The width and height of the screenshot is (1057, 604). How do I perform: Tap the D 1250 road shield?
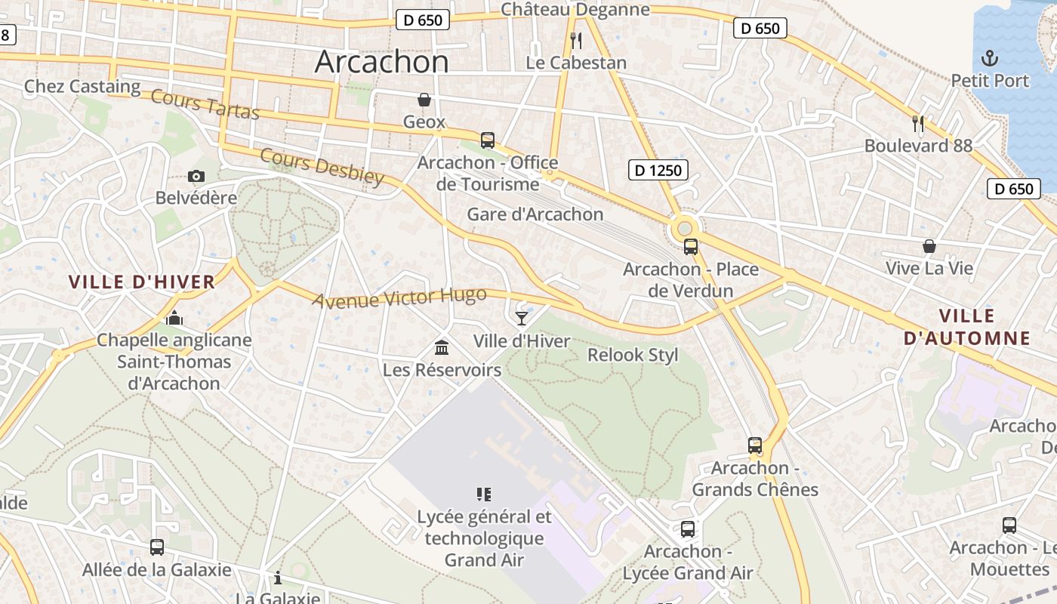[658, 171]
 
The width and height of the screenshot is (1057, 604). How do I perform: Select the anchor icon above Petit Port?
[989, 57]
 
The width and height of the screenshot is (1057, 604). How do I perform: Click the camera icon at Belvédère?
[196, 177]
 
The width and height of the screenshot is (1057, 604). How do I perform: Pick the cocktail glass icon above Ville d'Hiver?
[522, 318]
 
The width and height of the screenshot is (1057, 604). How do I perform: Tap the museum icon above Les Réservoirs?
[442, 347]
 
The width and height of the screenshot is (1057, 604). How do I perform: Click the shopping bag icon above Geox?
[424, 100]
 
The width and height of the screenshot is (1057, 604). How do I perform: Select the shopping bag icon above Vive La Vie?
[929, 246]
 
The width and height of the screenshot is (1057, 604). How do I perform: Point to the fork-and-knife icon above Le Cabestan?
[576, 40]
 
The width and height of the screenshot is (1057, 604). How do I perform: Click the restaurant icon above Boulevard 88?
[918, 123]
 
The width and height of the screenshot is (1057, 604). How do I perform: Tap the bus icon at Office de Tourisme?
[488, 140]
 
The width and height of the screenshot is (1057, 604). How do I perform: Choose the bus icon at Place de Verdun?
[691, 246]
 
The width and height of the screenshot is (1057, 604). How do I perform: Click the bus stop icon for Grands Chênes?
[755, 445]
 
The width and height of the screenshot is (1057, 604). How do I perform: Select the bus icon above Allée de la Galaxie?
[157, 547]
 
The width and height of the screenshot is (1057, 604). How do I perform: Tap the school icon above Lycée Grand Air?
[484, 495]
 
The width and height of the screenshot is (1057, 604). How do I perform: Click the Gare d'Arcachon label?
[535, 214]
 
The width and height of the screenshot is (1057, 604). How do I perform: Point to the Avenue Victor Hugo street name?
[399, 298]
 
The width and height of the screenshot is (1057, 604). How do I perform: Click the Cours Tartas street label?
[205, 104]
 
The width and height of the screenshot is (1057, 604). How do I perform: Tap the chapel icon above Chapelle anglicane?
[174, 318]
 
